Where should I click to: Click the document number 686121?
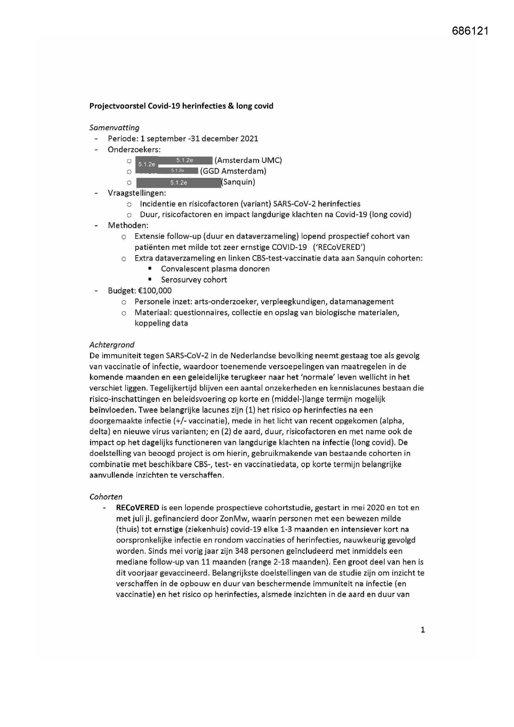[x=470, y=31]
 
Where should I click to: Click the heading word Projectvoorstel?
[x=117, y=106]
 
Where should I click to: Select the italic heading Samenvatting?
[x=114, y=127]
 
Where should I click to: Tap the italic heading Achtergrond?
[x=112, y=345]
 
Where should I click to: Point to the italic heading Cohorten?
[x=106, y=497]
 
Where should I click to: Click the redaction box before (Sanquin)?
[x=178, y=183]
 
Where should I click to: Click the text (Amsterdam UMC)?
[x=248, y=160]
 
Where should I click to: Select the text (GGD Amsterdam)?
[x=233, y=171]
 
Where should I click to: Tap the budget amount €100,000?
[x=155, y=290]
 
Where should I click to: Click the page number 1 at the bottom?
[x=423, y=630]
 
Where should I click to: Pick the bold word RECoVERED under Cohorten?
[x=137, y=507]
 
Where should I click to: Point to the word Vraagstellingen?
[x=137, y=193]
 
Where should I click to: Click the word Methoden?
[x=128, y=225]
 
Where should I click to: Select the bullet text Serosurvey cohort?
[x=194, y=280]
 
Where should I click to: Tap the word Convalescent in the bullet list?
[x=182, y=269]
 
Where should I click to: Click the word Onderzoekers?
[x=134, y=150]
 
